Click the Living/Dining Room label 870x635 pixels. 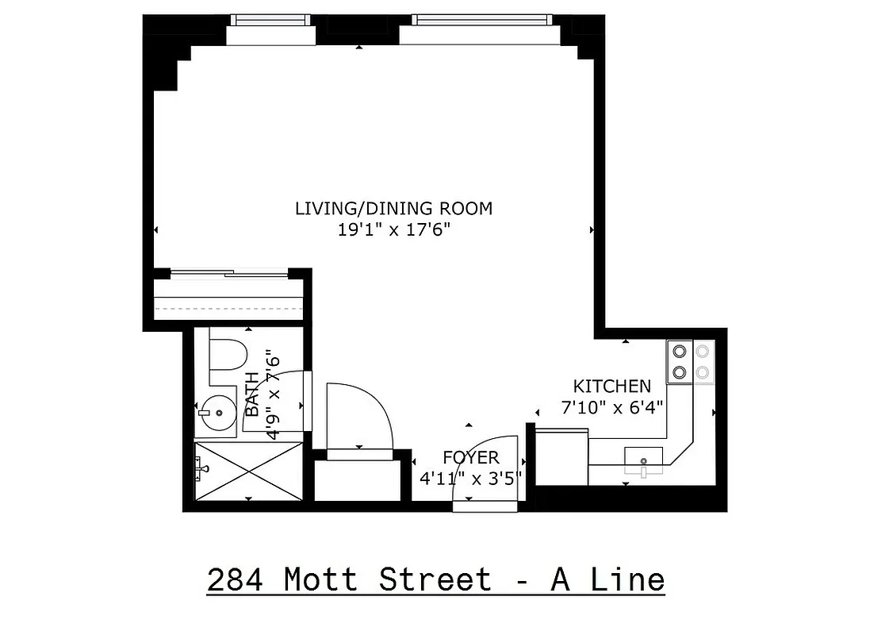tap(393, 209)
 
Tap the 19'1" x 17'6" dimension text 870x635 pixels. tap(393, 231)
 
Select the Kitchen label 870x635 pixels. tap(611, 387)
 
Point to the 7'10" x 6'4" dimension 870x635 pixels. tap(611, 406)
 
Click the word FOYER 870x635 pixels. tap(471, 458)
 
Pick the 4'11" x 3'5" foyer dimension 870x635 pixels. tap(471, 479)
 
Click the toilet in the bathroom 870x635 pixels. tap(228, 355)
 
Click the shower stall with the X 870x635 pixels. tap(248, 471)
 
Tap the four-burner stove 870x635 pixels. tap(691, 361)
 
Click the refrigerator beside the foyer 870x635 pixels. tap(562, 456)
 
